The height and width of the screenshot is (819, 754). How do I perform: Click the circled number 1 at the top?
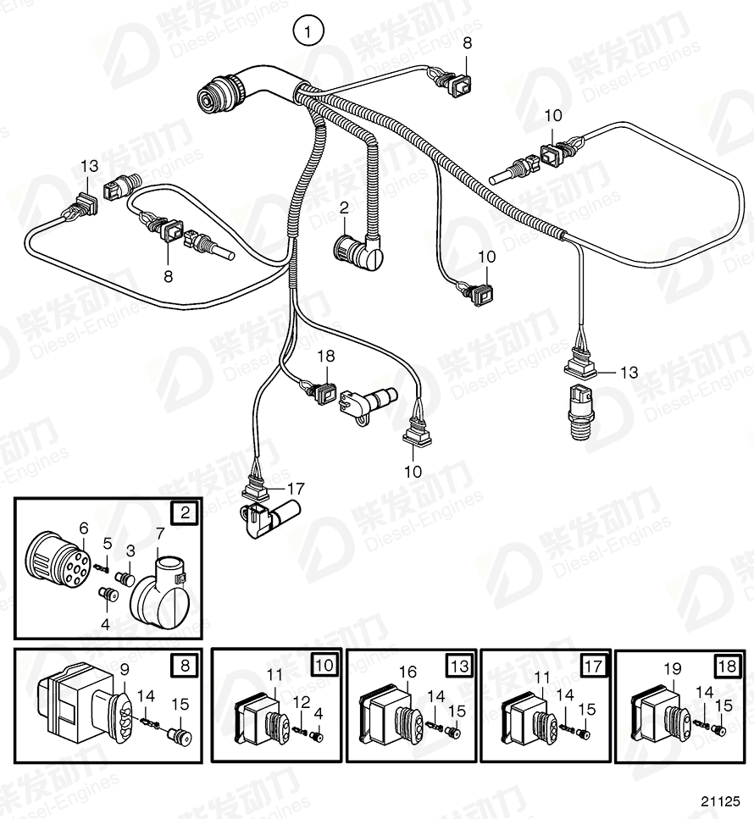click(x=309, y=33)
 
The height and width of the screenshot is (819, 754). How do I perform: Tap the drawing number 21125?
click(x=720, y=800)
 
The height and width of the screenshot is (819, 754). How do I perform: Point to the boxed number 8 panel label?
click(x=185, y=665)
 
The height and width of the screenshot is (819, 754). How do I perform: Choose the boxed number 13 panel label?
click(x=459, y=665)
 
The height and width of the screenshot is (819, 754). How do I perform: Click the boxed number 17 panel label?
click(x=594, y=667)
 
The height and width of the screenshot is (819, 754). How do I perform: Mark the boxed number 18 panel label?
click(x=726, y=665)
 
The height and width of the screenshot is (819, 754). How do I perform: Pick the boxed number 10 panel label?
click(x=324, y=665)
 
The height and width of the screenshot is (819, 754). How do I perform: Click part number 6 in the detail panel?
click(x=83, y=528)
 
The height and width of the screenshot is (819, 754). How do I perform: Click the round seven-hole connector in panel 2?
click(x=54, y=563)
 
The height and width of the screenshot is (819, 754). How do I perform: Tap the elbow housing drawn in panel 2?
click(x=159, y=597)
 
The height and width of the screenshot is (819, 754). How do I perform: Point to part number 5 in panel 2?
click(x=107, y=543)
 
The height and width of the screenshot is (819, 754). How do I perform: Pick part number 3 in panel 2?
click(x=130, y=551)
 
